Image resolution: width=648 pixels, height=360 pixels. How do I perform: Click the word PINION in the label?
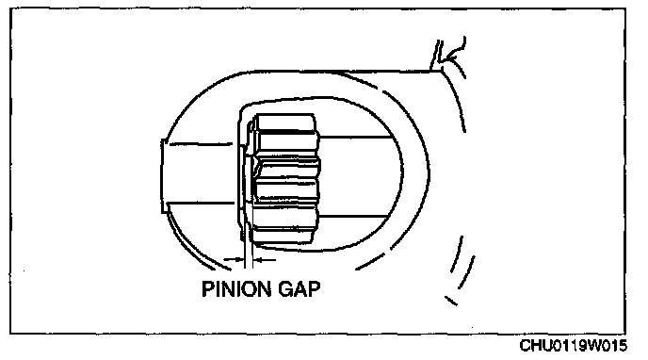[236, 289]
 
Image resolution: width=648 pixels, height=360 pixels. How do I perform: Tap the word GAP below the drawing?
[300, 289]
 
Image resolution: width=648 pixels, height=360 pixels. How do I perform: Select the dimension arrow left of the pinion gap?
[233, 259]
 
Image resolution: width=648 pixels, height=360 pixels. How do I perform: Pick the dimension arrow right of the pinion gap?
[264, 260]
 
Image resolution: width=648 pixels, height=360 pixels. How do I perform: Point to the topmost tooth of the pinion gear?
[285, 123]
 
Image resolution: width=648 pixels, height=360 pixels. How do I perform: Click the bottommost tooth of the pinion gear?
[283, 236]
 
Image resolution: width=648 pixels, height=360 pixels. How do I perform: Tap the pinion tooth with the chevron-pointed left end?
[286, 168]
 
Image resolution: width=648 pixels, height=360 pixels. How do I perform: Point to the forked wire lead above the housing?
[449, 55]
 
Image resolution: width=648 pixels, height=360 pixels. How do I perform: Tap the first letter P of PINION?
[207, 289]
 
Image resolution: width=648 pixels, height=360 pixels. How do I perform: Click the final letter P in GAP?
[315, 289]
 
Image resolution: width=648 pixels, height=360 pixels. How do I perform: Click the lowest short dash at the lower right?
[451, 301]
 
